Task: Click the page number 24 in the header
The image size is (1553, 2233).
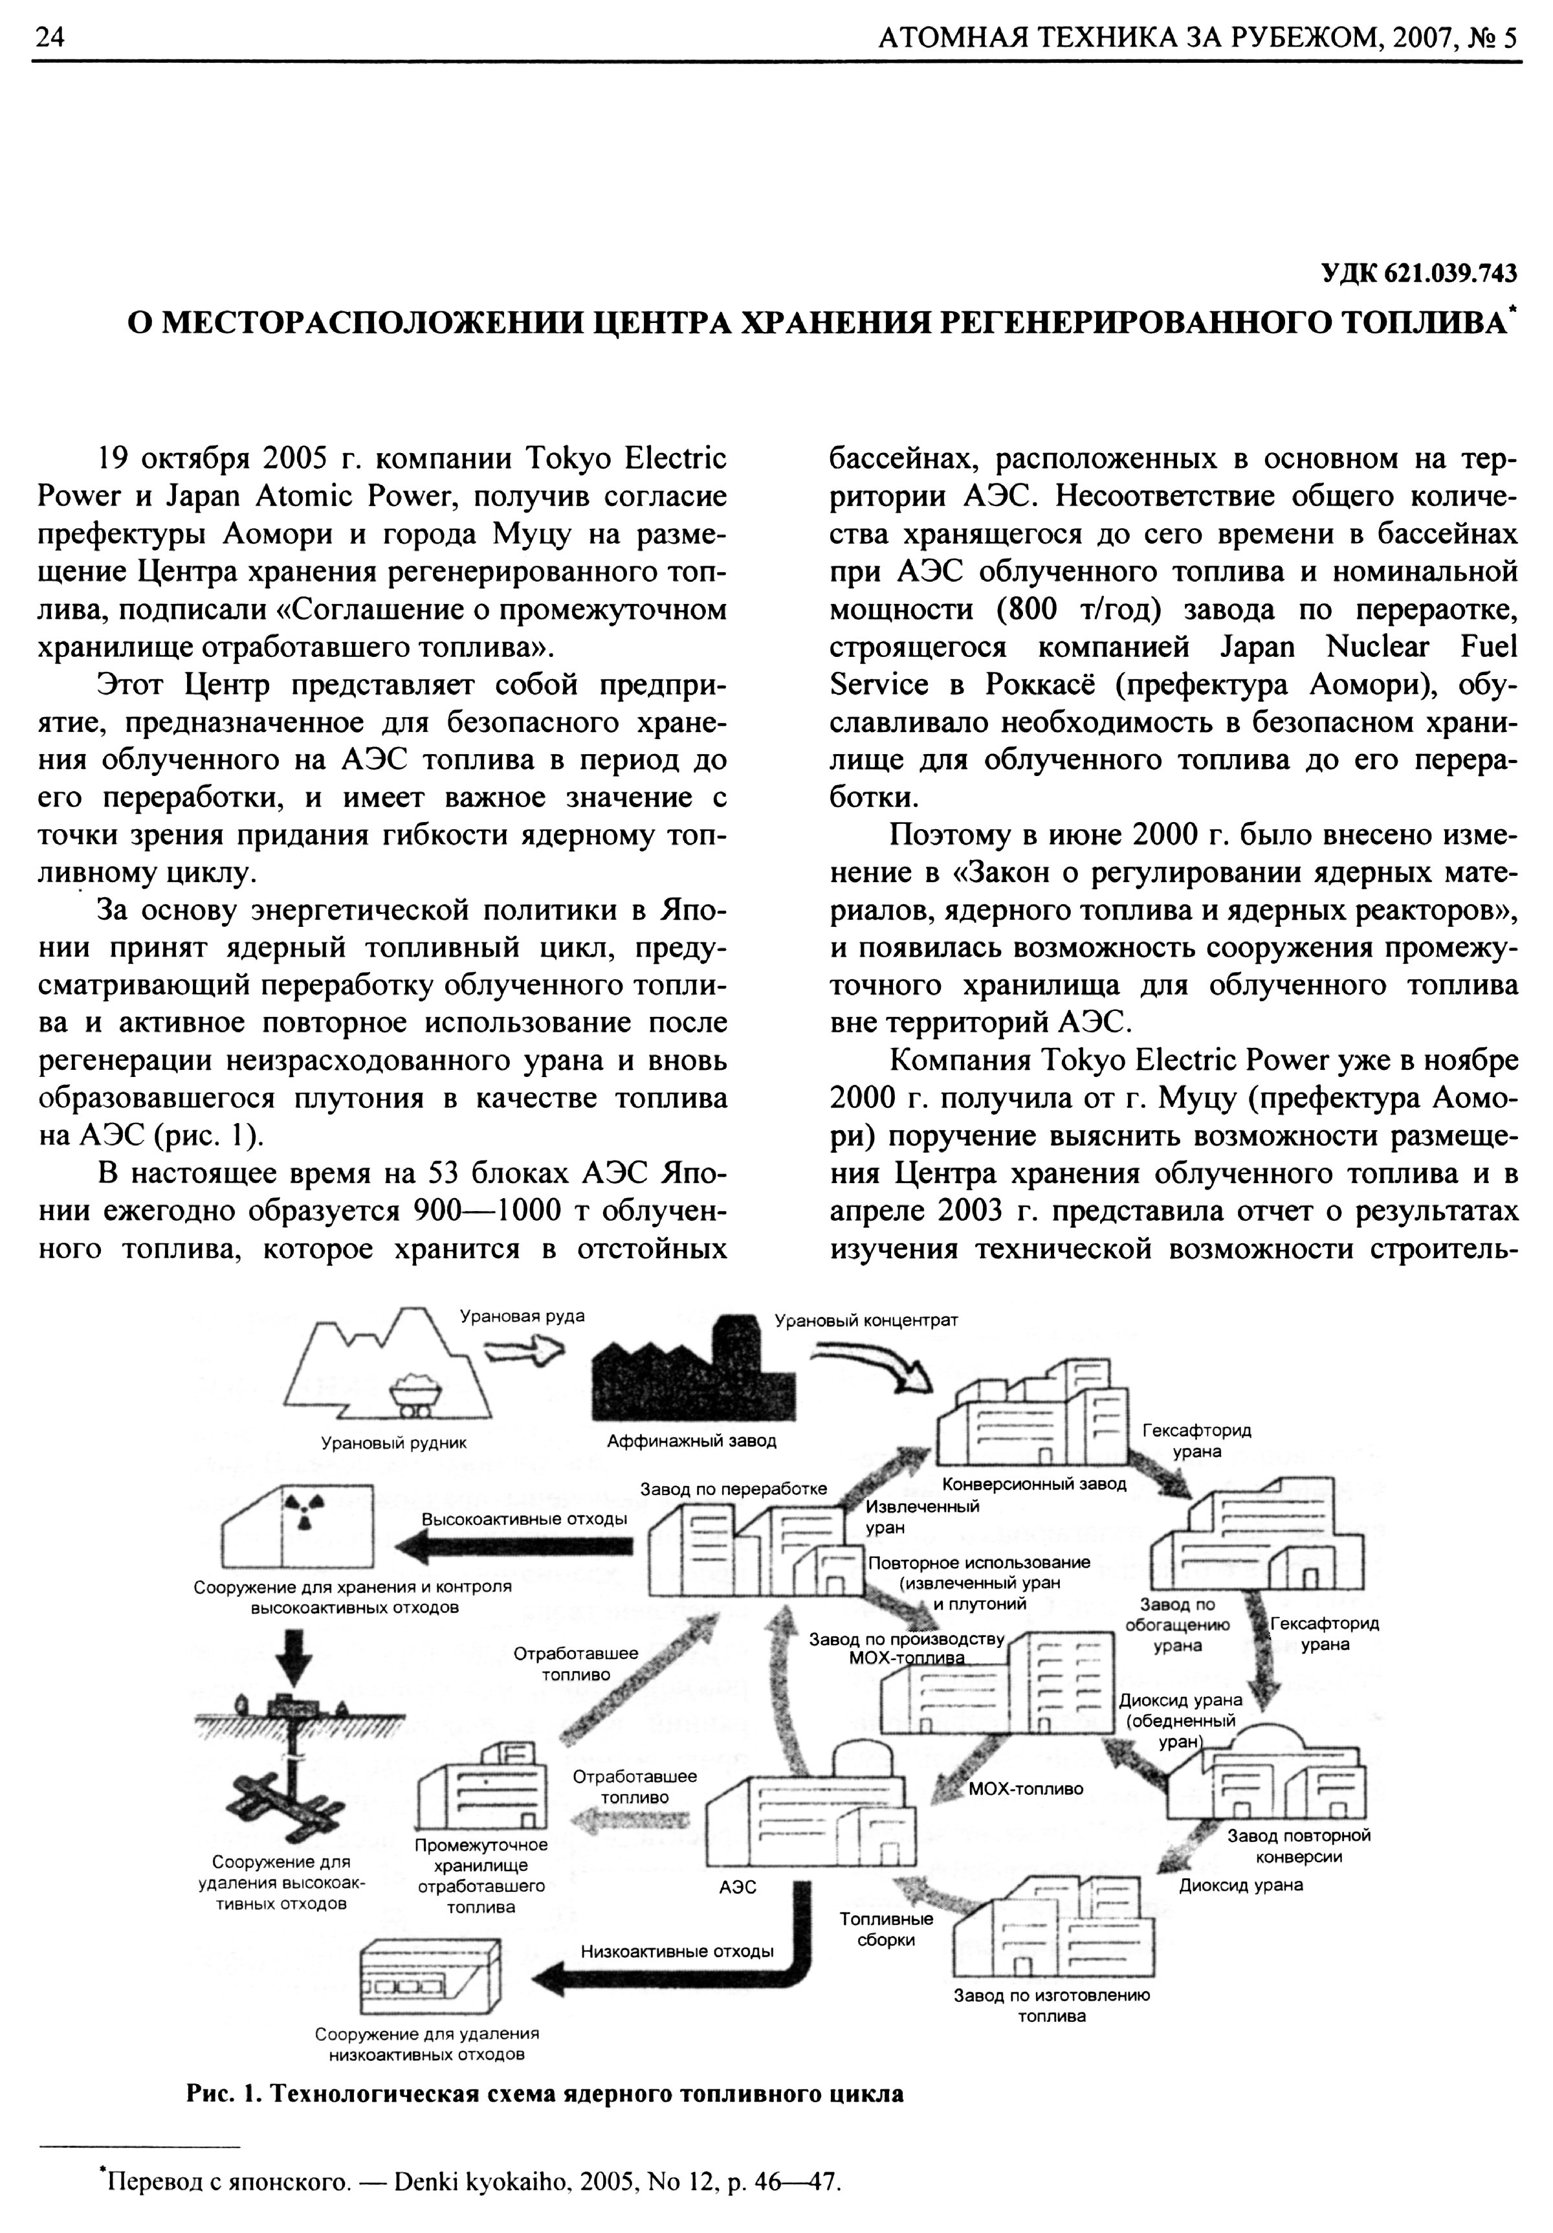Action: point(49,38)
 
